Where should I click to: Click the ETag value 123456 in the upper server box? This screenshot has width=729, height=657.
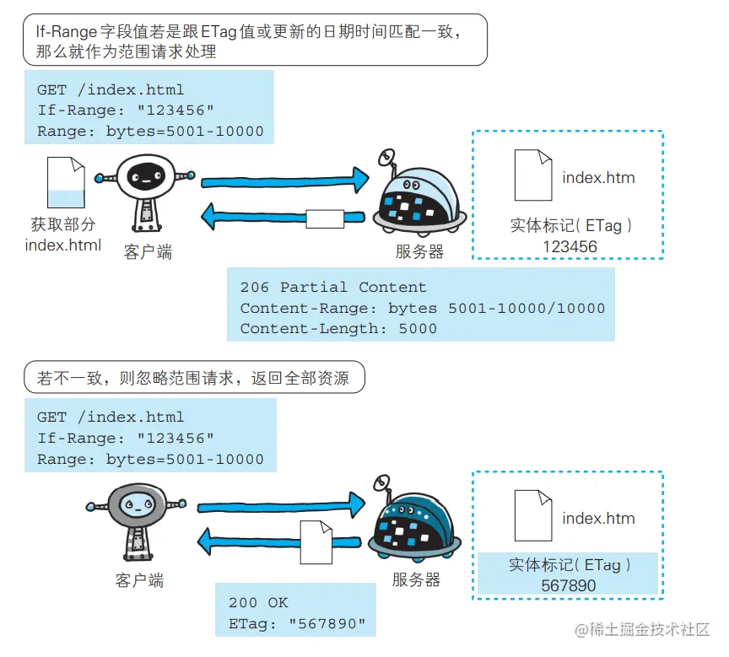570,247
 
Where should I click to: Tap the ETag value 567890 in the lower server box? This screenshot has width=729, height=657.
569,586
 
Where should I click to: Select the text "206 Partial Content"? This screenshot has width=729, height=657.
333,288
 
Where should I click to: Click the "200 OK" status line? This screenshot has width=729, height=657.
258,603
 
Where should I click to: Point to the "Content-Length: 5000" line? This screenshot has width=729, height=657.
338,329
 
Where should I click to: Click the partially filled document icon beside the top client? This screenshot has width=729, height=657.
66,183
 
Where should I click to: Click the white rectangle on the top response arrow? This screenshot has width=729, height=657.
325,218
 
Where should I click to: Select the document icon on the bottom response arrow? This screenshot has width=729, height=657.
316,541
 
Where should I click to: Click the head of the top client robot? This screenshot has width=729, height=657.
144,175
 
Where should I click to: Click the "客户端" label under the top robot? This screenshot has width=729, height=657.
148,251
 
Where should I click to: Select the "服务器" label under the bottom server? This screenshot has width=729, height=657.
416,580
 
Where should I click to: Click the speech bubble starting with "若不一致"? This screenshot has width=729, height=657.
195,379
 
